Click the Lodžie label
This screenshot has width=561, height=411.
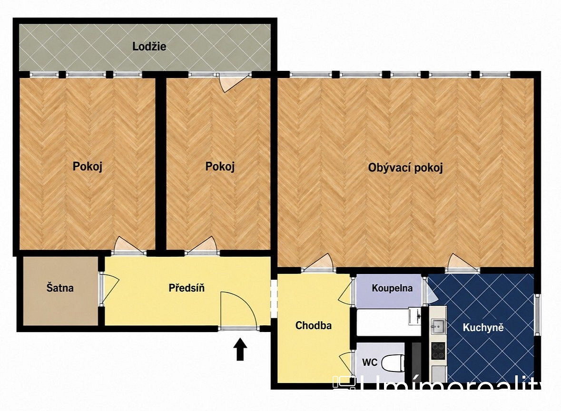[149, 47]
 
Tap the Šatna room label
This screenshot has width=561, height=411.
[60, 288]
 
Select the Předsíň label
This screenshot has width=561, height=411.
[187, 288]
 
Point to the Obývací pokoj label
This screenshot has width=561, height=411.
[405, 167]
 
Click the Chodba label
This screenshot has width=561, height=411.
[314, 325]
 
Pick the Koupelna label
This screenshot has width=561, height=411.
[392, 288]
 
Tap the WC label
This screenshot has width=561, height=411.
[370, 362]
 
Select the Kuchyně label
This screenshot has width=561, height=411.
[483, 327]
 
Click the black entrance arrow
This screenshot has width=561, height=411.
[240, 349]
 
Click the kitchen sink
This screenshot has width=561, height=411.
[438, 326]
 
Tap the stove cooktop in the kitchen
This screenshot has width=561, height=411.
[438, 351]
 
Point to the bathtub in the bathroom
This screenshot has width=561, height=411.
[389, 322]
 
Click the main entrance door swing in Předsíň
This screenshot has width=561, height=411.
[238, 311]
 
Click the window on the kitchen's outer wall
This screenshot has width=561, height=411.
[537, 314]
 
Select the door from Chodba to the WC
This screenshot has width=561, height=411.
[346, 363]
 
